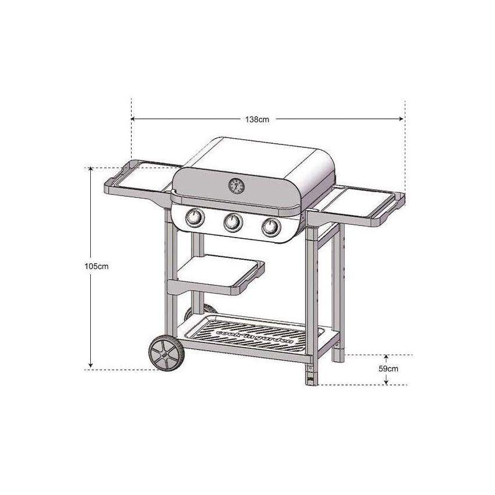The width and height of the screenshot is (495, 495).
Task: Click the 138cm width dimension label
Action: pyautogui.click(x=257, y=119)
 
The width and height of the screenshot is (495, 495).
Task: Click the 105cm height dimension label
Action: pyautogui.click(x=97, y=266)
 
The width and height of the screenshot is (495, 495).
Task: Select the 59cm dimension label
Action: pyautogui.click(x=388, y=369)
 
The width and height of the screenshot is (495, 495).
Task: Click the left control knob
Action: pyautogui.click(x=195, y=220)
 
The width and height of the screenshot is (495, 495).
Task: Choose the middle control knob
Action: pyautogui.click(x=232, y=222)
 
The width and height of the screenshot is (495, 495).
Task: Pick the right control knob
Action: pyautogui.click(x=270, y=226)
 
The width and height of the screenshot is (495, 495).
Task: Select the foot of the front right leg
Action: pyautogui.click(x=310, y=379)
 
